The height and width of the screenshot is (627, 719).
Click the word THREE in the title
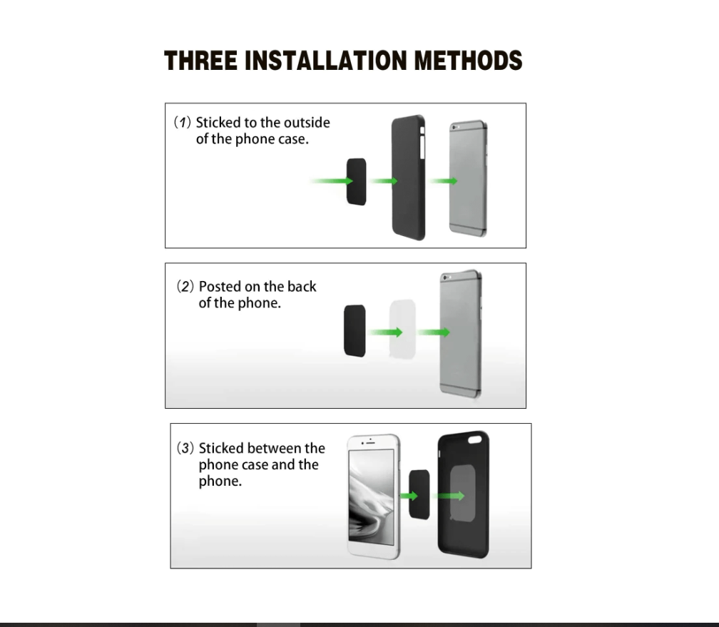click(201, 61)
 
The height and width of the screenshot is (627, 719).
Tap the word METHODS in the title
click(468, 61)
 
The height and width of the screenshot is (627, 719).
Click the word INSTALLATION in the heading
click(326, 61)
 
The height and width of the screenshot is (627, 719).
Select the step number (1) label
click(182, 123)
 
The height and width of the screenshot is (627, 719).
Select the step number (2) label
click(185, 287)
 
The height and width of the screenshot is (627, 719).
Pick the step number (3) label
click(185, 448)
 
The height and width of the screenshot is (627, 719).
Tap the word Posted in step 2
click(220, 287)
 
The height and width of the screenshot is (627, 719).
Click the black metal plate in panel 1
click(357, 182)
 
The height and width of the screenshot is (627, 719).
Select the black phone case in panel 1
click(408, 178)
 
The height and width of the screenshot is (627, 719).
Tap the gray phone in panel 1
click(468, 178)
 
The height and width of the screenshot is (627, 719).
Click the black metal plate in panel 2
click(355, 331)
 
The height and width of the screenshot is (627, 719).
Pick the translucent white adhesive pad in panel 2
click(402, 330)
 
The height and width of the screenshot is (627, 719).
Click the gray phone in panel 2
click(460, 333)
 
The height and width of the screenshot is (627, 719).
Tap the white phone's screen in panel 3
click(372, 496)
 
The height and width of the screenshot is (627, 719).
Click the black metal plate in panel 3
click(419, 494)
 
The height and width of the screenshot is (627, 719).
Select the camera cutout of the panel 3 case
click(474, 439)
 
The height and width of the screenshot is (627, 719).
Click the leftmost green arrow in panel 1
click(331, 180)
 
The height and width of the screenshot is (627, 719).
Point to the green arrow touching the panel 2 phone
click(434, 332)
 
